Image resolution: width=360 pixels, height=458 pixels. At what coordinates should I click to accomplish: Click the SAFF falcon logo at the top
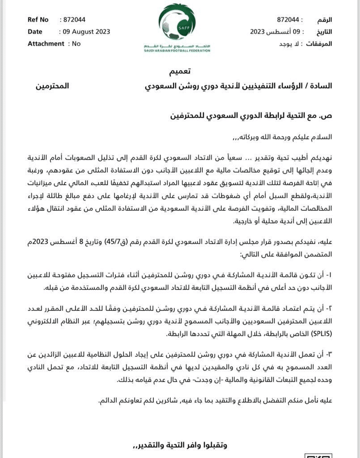(x=177, y=22)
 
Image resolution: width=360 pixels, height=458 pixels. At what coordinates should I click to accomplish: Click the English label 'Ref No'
(x=38, y=20)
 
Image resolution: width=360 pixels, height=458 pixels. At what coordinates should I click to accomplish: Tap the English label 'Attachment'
(x=46, y=43)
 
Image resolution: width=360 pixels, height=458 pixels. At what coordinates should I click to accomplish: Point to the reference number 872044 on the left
(x=74, y=20)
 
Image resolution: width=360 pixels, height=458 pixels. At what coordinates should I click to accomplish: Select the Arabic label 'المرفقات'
(x=319, y=44)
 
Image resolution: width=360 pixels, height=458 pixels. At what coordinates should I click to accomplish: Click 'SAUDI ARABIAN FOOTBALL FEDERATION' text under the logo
(x=177, y=51)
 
